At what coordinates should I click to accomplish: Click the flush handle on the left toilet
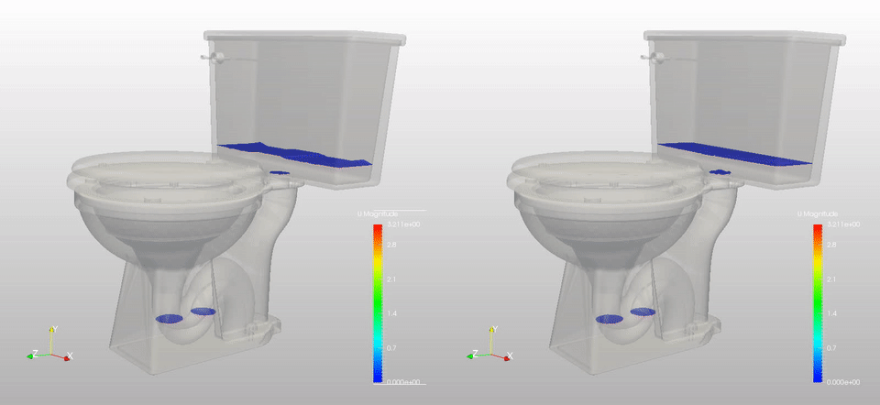pos(216,59)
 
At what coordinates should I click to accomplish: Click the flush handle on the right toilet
pos(656,59)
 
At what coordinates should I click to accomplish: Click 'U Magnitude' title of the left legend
pos(377,213)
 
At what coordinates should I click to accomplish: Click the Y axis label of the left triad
pos(54,328)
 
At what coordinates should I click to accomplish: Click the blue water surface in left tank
pos(293,155)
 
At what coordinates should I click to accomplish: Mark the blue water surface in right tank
pos(733,155)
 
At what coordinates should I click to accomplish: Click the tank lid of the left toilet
pos(302,38)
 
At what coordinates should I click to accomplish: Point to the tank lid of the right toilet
pos(742,38)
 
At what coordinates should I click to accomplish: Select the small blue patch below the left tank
pos(281,171)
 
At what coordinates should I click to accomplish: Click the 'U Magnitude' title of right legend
pos(817,213)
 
